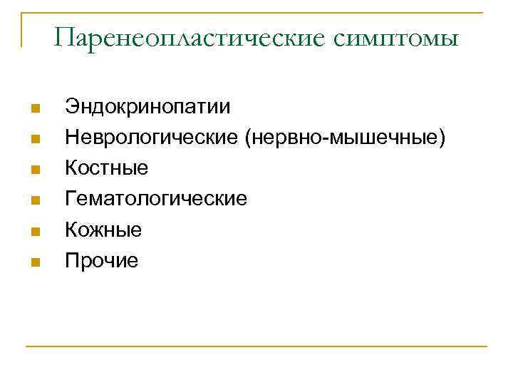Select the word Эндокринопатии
tap(147, 108)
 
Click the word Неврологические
tap(152, 138)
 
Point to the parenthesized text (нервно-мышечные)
tap(346, 138)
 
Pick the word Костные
tap(107, 168)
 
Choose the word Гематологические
tap(157, 199)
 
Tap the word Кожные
tap(103, 230)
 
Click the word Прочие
tap(102, 260)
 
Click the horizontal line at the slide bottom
tap(256, 347)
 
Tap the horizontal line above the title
tap(256, 13)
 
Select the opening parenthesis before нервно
tap(248, 138)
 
